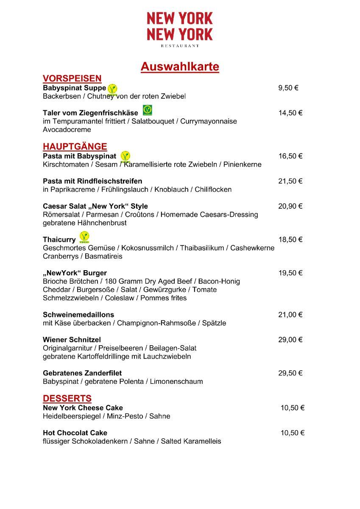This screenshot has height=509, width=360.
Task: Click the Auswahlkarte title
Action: pyautogui.click(x=180, y=67)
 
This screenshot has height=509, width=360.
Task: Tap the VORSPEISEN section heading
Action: pyautogui.click(x=72, y=78)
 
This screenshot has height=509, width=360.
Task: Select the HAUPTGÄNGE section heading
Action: pyautogui.click(x=75, y=147)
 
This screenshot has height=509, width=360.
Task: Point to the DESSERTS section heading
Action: pyautogui.click(x=67, y=399)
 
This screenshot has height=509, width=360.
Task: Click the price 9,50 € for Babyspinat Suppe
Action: pyautogui.click(x=288, y=88)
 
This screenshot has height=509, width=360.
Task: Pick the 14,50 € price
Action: pyautogui.click(x=290, y=113)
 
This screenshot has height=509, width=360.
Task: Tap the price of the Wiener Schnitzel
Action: pyautogui.click(x=290, y=340)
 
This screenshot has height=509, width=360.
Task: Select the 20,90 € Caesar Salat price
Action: pyautogui.click(x=290, y=206)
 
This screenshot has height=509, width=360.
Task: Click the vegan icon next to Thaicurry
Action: pyautogui.click(x=84, y=237)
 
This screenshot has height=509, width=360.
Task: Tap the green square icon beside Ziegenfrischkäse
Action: pyautogui.click(x=147, y=110)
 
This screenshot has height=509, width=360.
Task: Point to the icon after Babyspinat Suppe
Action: pyautogui.click(x=112, y=89)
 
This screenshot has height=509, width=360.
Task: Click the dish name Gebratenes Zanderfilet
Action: pyautogui.click(x=82, y=373)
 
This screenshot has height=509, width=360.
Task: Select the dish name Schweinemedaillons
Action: pyautogui.click(x=78, y=315)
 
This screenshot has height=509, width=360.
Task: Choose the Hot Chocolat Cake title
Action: pyautogui.click(x=75, y=433)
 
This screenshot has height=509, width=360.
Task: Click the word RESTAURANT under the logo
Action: pyautogui.click(x=180, y=45)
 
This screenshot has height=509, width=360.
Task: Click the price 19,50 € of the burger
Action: pyautogui.click(x=290, y=273)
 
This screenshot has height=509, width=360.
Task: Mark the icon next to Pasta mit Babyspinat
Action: pyautogui.click(x=125, y=157)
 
